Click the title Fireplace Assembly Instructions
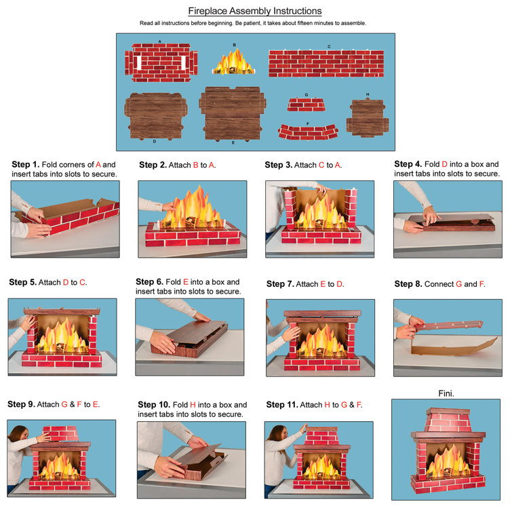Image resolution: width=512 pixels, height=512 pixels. tap(254, 11)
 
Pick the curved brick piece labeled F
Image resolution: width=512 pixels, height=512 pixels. tap(307, 131)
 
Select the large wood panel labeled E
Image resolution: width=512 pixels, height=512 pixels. tap(233, 114)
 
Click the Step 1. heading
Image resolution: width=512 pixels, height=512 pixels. tap(26, 165)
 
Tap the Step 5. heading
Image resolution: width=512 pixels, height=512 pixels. tap(23, 281)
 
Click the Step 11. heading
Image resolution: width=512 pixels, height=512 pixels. tap(283, 405)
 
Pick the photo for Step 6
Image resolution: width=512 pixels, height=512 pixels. tap(189, 338)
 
